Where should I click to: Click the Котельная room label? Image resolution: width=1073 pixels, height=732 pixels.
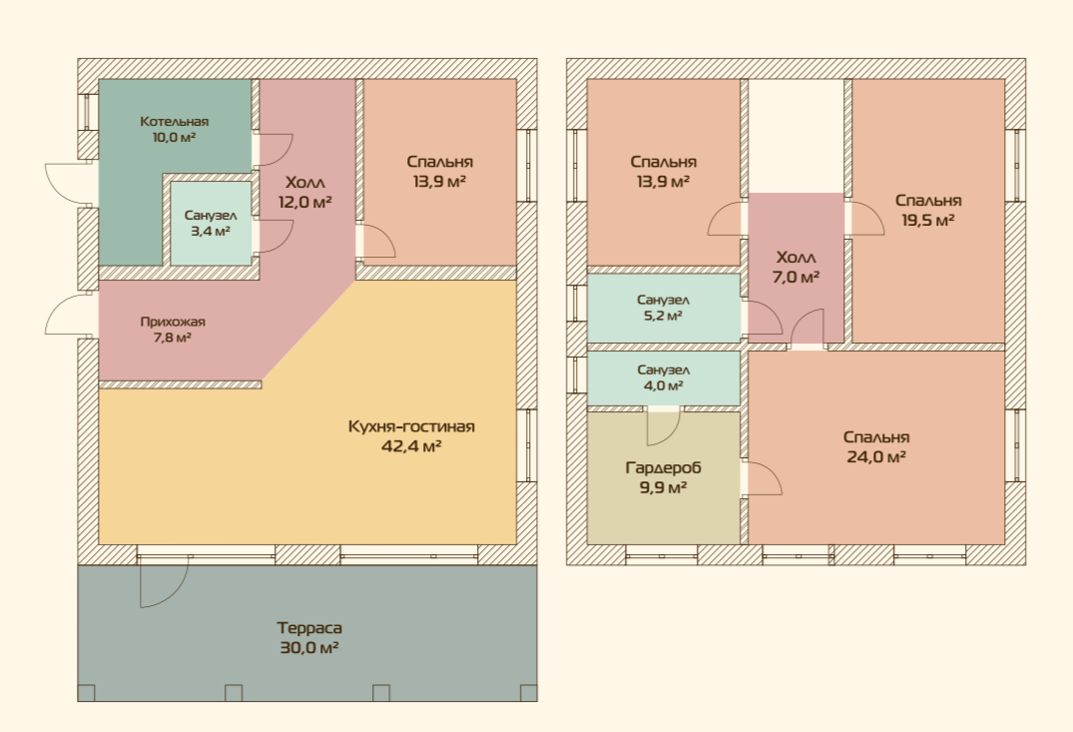coord(174,121)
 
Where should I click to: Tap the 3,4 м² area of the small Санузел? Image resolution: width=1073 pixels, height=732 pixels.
coord(210,232)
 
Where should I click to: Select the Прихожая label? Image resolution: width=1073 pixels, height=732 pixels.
coord(173,322)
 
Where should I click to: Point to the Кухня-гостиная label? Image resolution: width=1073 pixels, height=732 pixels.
coord(411,426)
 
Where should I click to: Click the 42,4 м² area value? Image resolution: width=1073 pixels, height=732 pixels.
coord(411,446)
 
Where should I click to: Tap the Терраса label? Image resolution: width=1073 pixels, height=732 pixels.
coord(309,627)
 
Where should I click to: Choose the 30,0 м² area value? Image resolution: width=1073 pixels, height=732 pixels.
coord(309,647)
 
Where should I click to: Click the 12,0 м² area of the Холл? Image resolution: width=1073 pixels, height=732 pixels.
coord(305,202)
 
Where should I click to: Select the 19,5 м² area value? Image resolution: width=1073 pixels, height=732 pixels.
coord(928,221)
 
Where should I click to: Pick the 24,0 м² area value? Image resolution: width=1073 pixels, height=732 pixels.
coord(876,456)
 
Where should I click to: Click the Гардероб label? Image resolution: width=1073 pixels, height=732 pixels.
coord(663,467)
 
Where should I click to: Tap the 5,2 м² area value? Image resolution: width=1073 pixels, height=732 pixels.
coord(663,316)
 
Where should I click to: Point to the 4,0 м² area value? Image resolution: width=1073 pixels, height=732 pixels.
coord(663,385)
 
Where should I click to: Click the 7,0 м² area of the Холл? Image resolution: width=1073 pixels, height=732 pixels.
coord(796,278)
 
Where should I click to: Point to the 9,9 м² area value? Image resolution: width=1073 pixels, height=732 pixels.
coord(663,487)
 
